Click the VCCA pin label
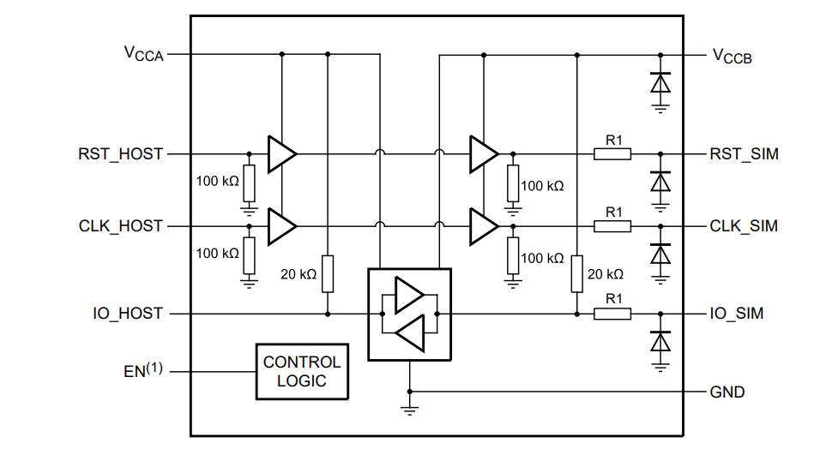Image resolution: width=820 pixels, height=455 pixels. (143, 54)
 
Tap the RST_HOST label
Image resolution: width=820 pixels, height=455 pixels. (120, 155)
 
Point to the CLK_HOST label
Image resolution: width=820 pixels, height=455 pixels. (120, 226)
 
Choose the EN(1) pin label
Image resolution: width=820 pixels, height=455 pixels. (142, 371)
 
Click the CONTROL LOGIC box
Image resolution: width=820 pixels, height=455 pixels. (302, 371)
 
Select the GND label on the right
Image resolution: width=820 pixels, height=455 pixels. (727, 392)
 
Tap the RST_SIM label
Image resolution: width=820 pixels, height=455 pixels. (744, 155)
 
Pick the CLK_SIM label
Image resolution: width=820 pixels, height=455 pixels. (744, 226)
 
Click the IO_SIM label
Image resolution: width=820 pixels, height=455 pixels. (737, 314)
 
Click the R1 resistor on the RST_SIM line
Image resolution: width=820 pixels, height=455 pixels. (612, 154)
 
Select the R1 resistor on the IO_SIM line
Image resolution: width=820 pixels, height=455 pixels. (612, 314)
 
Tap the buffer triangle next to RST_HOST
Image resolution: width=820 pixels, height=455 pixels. (281, 154)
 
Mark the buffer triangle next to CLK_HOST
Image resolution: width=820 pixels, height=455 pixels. (281, 226)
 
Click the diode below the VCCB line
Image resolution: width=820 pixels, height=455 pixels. (660, 83)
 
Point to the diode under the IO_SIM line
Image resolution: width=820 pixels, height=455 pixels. (660, 342)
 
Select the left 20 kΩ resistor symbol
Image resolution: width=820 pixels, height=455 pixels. (328, 273)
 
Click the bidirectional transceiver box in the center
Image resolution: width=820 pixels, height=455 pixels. (409, 314)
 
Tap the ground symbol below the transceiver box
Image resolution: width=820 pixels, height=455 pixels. (410, 409)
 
